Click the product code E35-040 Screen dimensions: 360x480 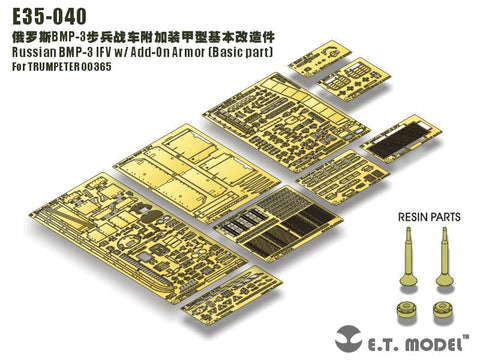(x=46, y=15)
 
